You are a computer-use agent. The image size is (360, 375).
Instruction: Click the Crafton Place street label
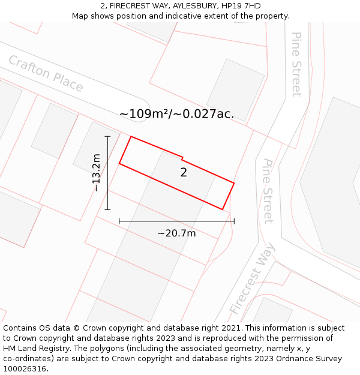tap(46, 73)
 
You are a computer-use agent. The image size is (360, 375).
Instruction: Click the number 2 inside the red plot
tap(184, 173)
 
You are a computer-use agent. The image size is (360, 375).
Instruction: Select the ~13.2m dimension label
tap(96, 172)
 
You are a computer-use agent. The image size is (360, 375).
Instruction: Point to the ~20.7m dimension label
tap(176, 233)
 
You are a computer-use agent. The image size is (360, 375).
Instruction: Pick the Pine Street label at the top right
tap(296, 64)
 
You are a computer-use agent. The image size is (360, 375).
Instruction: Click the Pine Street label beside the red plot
tap(268, 191)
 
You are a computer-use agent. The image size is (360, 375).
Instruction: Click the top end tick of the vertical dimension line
tap(107, 137)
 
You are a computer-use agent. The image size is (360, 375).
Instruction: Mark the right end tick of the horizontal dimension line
tap(234, 221)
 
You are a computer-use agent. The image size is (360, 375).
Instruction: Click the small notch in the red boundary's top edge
tap(182, 158)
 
